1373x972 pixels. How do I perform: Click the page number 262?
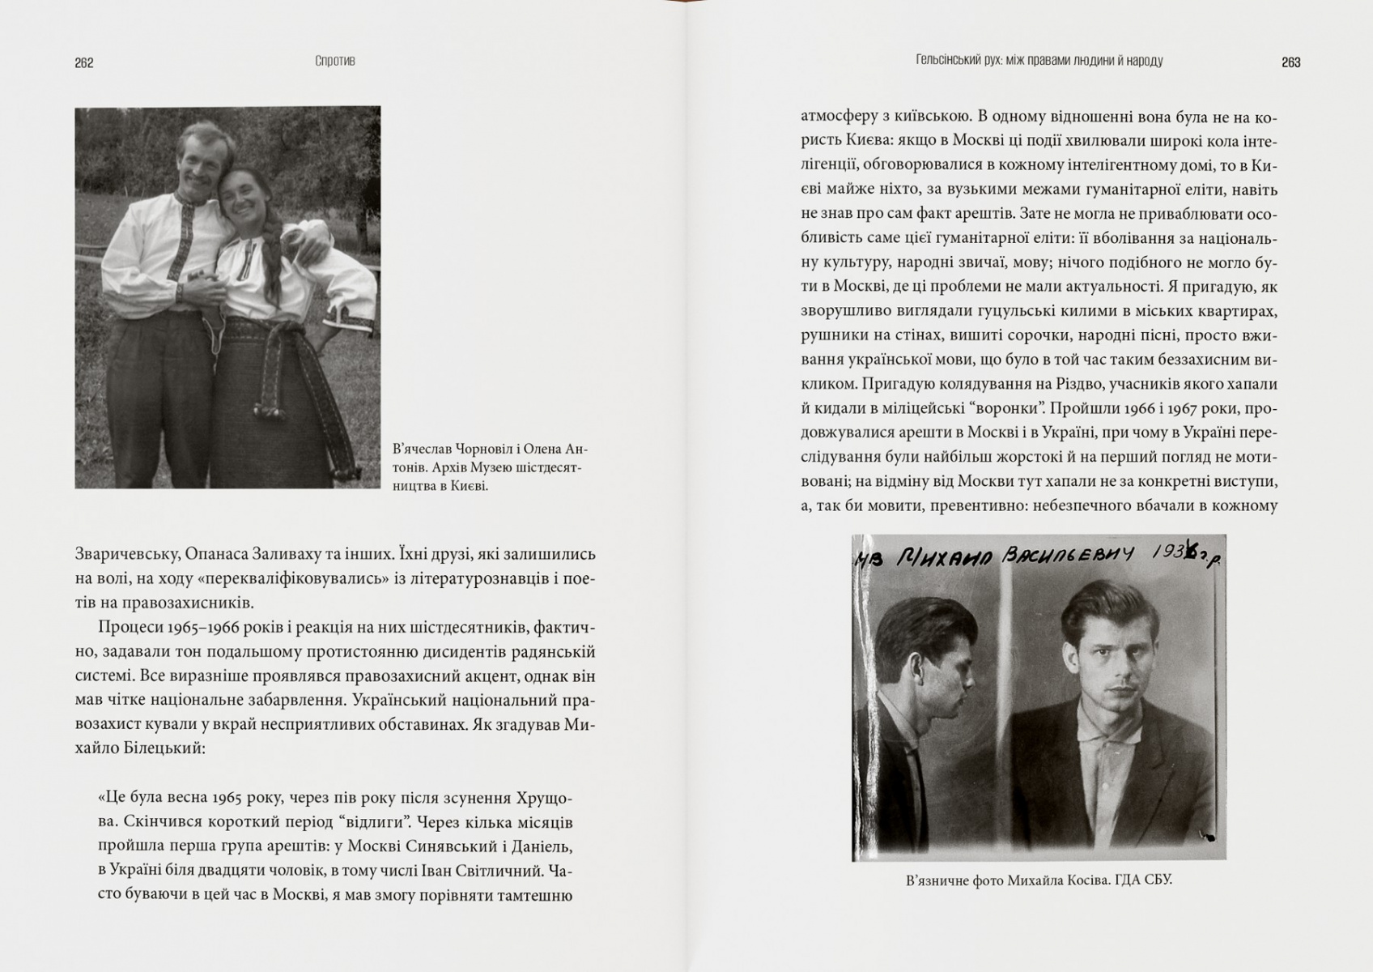coord(84,63)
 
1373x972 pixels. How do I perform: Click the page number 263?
coord(1290,62)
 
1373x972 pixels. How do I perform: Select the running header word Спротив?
coord(334,62)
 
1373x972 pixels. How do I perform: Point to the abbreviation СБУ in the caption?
coord(1156,880)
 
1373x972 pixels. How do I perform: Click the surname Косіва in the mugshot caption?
coord(1083,880)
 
